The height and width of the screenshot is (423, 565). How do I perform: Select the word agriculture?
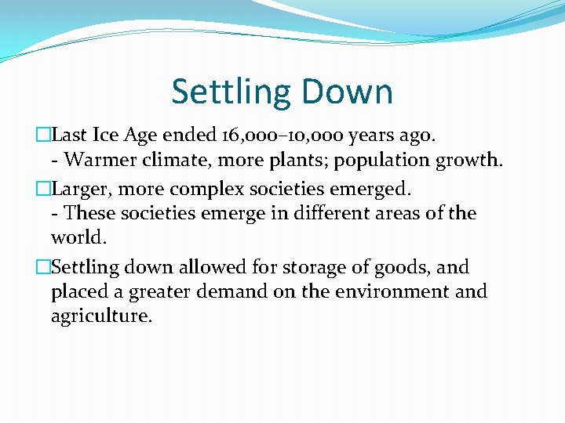pyautogui.click(x=102, y=316)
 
